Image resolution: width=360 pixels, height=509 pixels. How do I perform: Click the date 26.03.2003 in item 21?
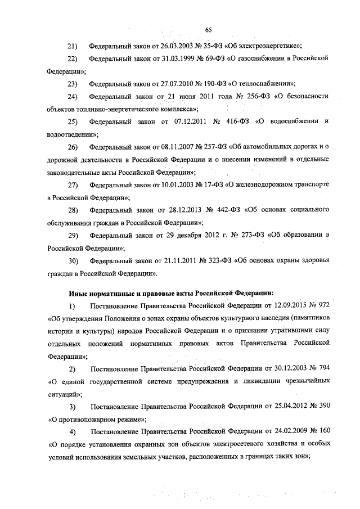tap(169, 45)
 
